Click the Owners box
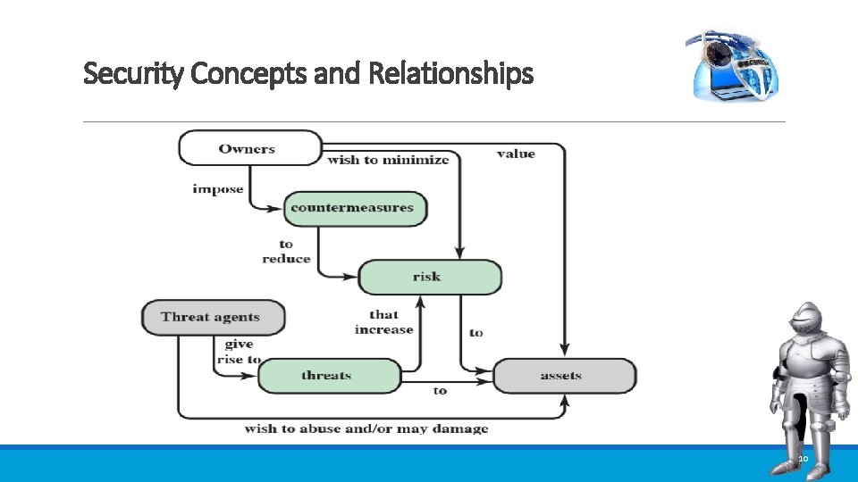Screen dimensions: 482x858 [x=249, y=148]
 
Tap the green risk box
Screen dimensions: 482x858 [x=429, y=277]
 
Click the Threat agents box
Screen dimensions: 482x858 [x=213, y=317]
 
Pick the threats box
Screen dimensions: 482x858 [x=328, y=376]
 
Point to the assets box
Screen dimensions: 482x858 [x=563, y=376]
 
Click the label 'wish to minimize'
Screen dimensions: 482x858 [x=388, y=161]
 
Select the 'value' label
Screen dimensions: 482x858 [x=516, y=154]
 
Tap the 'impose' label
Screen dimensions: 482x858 [x=217, y=189]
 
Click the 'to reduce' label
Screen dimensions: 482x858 [x=286, y=252]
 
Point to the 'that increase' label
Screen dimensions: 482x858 [x=383, y=322]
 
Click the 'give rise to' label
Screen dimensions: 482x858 [x=239, y=352]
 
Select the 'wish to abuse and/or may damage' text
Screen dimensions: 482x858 [x=366, y=428]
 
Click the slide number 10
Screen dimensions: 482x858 [x=802, y=459]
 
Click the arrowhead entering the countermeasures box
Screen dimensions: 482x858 [x=279, y=209]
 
